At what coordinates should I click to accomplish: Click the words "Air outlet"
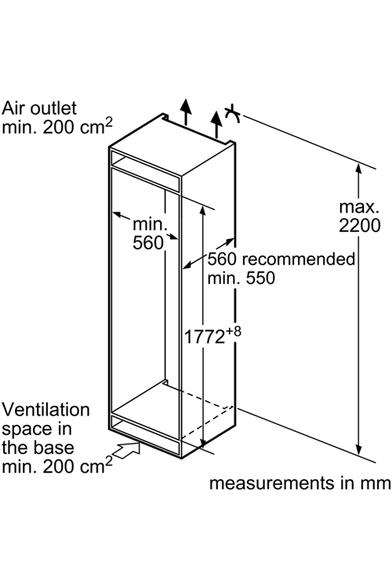pyautogui.click(x=39, y=108)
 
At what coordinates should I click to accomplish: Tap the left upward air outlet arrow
pyautogui.click(x=185, y=112)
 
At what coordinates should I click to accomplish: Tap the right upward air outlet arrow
pyautogui.click(x=216, y=125)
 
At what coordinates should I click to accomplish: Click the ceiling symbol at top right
pyautogui.click(x=233, y=113)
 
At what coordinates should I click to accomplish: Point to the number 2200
pyautogui.click(x=360, y=226)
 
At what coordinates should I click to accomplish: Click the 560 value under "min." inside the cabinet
pyautogui.click(x=148, y=243)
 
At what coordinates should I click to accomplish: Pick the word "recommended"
pyautogui.click(x=299, y=259)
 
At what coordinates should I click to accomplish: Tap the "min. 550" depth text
pyautogui.click(x=241, y=278)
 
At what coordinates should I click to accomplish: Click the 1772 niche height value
pyautogui.click(x=204, y=337)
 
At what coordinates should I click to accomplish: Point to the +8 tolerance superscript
pyautogui.click(x=234, y=332)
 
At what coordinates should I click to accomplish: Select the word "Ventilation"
pyautogui.click(x=45, y=410)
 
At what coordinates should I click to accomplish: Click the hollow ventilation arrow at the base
pyautogui.click(x=126, y=449)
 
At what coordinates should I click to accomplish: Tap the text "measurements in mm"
pyautogui.click(x=300, y=483)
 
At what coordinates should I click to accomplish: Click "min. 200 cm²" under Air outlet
pyautogui.click(x=57, y=126)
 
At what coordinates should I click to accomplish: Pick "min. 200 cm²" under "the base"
pyautogui.click(x=57, y=466)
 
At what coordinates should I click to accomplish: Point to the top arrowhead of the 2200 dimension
pyautogui.click(x=358, y=169)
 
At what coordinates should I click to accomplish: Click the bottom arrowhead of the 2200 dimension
pyautogui.click(x=358, y=450)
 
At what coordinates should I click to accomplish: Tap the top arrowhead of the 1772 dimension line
pyautogui.click(x=202, y=211)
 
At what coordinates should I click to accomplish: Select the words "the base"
pyautogui.click(x=38, y=448)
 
